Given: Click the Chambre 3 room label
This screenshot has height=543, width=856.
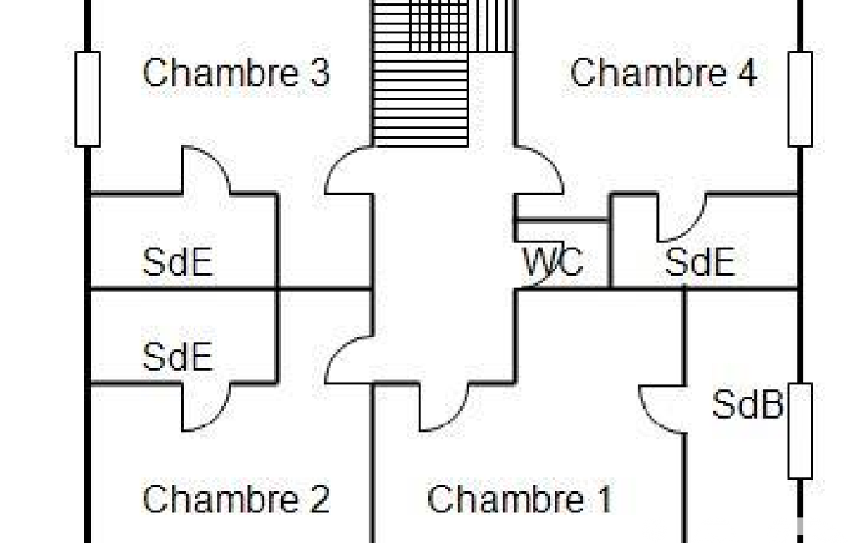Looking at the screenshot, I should (x=236, y=74).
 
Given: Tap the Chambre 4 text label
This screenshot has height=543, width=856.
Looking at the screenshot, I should (x=663, y=74).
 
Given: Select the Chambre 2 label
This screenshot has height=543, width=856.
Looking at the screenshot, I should (x=236, y=500).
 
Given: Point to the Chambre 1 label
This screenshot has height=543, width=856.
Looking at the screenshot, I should (x=519, y=500).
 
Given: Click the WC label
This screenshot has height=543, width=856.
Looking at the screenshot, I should (x=553, y=263).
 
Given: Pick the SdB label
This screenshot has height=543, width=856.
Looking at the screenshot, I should (x=747, y=406).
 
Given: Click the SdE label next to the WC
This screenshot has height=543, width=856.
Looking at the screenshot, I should (x=700, y=263).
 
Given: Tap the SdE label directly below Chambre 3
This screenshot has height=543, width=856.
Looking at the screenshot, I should (x=178, y=263).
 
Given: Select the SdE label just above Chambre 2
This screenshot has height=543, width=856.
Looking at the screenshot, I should (x=178, y=358).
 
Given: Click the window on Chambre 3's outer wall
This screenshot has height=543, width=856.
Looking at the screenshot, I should (x=88, y=99).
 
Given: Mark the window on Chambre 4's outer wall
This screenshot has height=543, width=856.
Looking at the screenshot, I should (x=800, y=99).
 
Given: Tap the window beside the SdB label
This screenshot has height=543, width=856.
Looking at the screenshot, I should (x=800, y=430).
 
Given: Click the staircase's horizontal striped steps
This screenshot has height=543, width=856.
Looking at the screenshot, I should (x=420, y=100).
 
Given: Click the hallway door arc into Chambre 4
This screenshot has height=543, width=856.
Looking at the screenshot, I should (x=539, y=167).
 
